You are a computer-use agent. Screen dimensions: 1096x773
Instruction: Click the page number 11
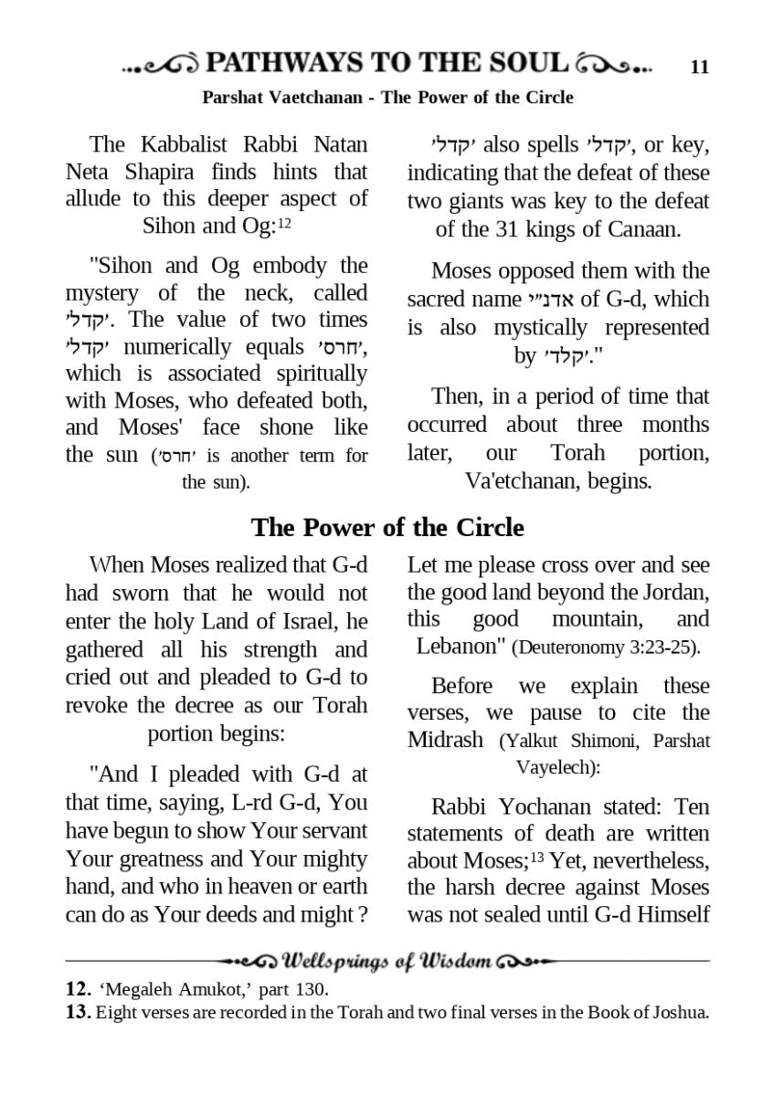700,67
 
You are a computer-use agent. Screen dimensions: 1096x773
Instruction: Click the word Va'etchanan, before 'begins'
518,481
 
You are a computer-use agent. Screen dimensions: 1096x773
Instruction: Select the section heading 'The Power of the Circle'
387,528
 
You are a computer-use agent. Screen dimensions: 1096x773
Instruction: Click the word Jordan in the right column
677,592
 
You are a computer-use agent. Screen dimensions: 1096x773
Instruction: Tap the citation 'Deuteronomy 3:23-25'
606,648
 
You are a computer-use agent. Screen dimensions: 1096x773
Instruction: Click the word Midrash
445,739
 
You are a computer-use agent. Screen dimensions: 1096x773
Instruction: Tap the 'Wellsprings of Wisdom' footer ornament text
388,961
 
